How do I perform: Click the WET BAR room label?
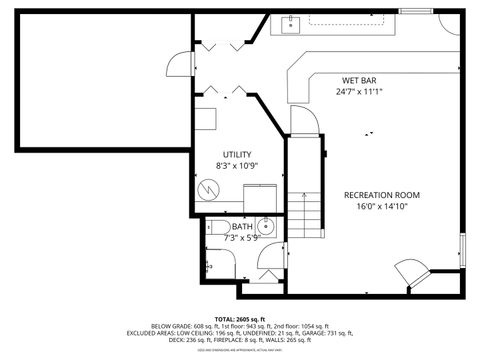tap(360, 79)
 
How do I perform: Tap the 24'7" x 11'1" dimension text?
tap(360, 91)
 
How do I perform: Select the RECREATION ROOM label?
tap(381, 194)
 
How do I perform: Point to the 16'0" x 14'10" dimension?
tap(381, 206)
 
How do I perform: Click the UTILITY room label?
tap(237, 153)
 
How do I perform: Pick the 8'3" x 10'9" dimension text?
tap(237, 165)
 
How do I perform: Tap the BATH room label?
tap(243, 227)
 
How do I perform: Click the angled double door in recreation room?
tap(410, 270)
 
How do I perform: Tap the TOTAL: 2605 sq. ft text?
tap(239, 317)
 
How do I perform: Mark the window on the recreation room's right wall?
tap(462, 250)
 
